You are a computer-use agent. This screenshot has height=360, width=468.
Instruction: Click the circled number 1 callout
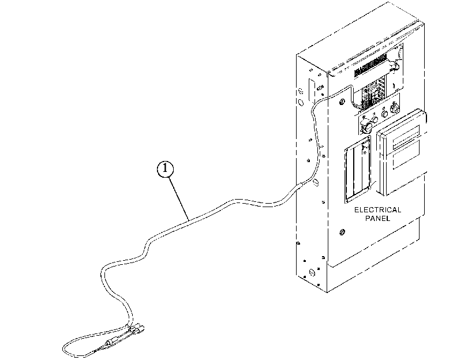pos(165,169)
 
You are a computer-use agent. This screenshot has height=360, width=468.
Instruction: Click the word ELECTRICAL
pos(377,210)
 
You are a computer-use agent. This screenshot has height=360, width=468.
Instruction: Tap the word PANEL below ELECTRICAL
pos(377,219)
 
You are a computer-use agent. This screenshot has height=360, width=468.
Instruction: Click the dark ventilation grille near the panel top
pos(370,66)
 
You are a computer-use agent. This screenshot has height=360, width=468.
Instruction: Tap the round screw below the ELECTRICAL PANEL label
pos(342,232)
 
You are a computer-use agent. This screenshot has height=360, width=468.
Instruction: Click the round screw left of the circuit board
pos(342,102)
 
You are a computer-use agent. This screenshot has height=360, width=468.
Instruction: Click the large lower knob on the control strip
pos(366,127)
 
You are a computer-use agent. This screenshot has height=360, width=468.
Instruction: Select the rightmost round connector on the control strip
pos(395,108)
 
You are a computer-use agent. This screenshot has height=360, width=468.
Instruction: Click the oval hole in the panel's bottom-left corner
pos(312,272)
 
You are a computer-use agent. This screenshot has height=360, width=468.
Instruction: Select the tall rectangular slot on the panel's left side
pos(312,90)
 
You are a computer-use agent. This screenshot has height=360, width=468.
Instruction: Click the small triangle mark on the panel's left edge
pos(298,243)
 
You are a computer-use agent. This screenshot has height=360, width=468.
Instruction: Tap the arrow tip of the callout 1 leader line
pos(189,220)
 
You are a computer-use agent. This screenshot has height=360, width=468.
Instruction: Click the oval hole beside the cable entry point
pos(316,182)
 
